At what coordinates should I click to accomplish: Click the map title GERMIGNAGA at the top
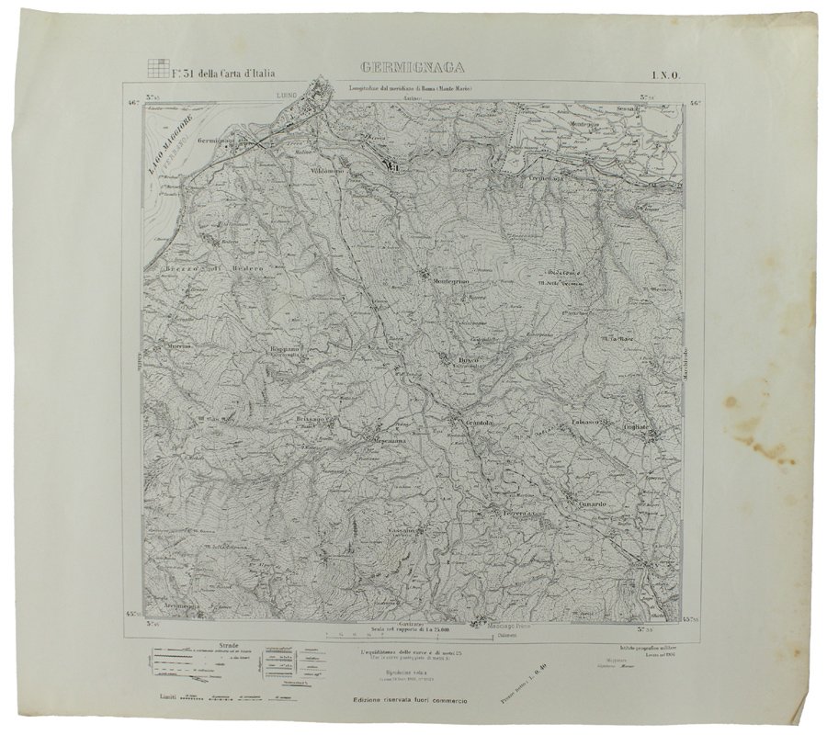click(409, 67)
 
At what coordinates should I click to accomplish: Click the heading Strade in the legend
click(203, 646)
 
